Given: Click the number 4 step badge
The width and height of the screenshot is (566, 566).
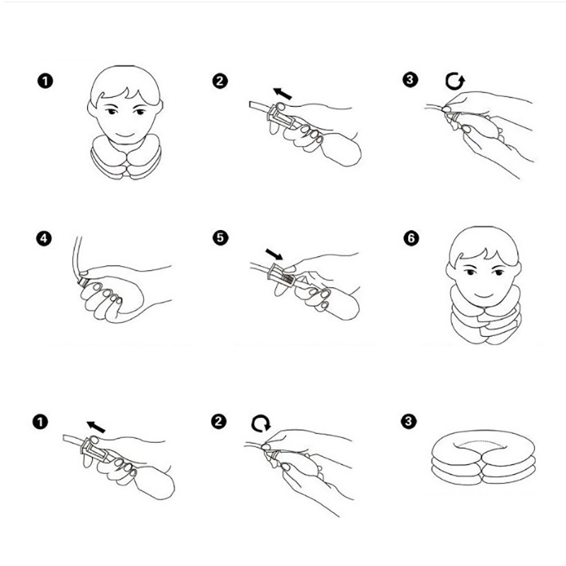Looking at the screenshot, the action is (x=44, y=238).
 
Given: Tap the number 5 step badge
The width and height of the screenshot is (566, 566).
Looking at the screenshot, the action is (x=220, y=238).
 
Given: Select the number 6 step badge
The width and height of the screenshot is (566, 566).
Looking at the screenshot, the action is (x=411, y=238).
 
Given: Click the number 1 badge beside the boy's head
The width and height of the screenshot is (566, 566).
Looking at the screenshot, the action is (x=45, y=81).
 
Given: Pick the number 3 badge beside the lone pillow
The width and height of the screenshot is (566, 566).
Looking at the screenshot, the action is (x=408, y=421).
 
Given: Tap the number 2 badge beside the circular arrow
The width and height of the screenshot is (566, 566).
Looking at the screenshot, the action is (x=219, y=421).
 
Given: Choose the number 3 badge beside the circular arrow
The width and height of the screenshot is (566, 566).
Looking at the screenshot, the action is (x=410, y=79).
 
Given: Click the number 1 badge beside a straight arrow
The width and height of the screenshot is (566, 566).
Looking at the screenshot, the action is (x=40, y=422).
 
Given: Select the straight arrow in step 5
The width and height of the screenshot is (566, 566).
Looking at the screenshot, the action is (x=274, y=254).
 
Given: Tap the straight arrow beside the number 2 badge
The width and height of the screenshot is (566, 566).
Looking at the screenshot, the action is (x=282, y=93).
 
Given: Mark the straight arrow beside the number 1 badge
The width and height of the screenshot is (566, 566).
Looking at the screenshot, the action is (x=96, y=427).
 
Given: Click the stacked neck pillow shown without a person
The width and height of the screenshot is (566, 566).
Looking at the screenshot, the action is (x=483, y=456).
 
